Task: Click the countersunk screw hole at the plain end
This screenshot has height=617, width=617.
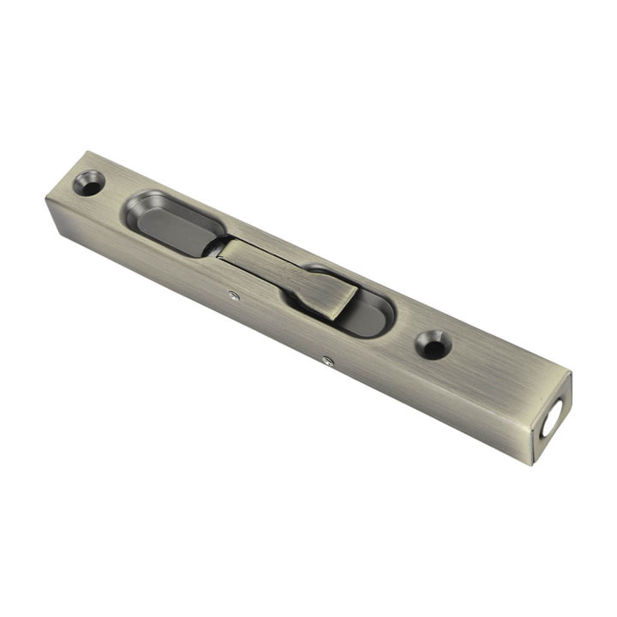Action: (x=89, y=183)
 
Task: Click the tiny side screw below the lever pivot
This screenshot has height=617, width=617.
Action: (x=233, y=297)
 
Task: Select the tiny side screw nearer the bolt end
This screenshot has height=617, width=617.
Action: (x=326, y=361)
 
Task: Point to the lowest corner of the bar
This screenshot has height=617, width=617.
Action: (x=533, y=464)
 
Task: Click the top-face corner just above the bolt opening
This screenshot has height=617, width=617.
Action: (x=569, y=374)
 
